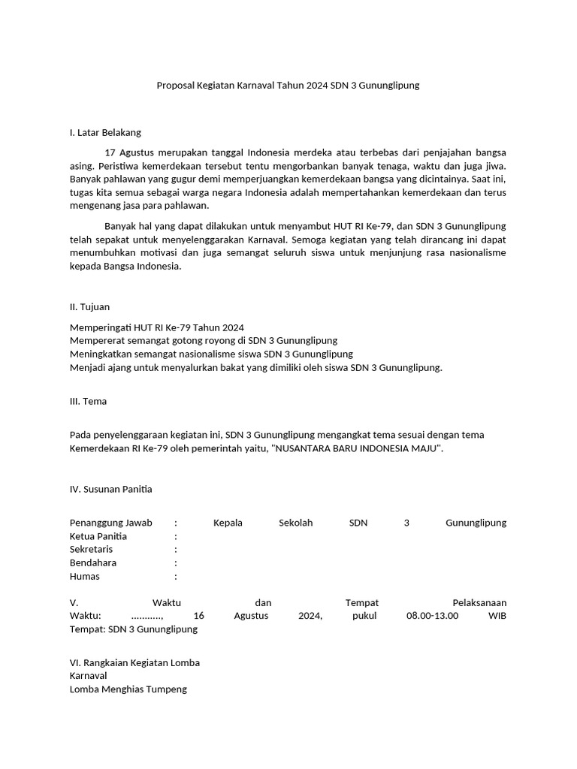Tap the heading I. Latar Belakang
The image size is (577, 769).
click(x=105, y=133)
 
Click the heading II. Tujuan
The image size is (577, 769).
click(x=89, y=306)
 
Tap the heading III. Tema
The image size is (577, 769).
click(x=88, y=401)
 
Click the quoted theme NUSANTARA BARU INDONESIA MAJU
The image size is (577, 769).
click(x=355, y=448)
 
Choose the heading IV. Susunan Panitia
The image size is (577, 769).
click(x=110, y=489)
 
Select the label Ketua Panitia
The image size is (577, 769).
click(x=98, y=536)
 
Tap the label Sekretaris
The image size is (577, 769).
click(x=91, y=550)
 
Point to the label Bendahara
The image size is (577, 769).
click(x=93, y=563)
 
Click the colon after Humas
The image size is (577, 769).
click(x=176, y=577)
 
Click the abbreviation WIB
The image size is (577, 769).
click(x=497, y=616)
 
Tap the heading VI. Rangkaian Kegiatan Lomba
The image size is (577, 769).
click(x=134, y=663)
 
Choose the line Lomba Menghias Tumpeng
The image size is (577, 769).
click(x=128, y=689)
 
